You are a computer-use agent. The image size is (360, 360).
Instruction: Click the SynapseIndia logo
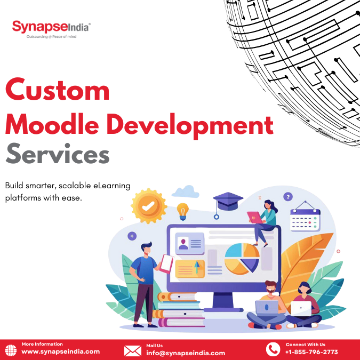pos(51,29)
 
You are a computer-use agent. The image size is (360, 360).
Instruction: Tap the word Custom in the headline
pos(57,89)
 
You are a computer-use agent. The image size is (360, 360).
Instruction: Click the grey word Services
pos(58,154)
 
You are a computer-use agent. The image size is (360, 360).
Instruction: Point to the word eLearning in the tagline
pos(112,186)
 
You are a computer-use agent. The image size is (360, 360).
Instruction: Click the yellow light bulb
pos(183,211)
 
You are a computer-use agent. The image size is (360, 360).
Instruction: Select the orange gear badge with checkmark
pos(149,206)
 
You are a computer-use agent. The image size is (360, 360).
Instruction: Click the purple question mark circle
pos(288,197)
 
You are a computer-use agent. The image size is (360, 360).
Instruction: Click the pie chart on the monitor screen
pos(242,259)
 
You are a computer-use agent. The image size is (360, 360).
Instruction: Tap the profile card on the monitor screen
pos(190,243)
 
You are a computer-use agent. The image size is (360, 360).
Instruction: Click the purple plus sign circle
pos(132,236)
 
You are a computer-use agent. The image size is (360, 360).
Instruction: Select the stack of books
pos(179,309)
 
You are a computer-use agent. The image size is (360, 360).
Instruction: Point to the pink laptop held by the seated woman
pos(254,218)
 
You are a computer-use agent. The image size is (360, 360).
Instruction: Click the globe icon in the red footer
pos(11,350)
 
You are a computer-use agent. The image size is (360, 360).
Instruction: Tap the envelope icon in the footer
pos(132,351)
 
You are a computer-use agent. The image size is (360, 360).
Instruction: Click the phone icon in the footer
pos(273,349)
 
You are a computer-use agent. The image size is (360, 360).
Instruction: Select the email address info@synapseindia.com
pos(186,353)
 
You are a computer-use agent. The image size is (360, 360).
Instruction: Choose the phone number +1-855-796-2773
pos(311,352)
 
